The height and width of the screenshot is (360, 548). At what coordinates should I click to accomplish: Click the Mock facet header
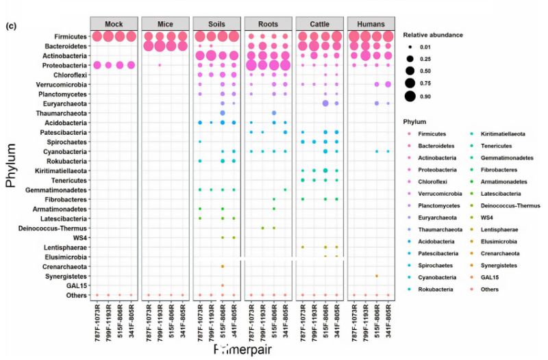[114, 23]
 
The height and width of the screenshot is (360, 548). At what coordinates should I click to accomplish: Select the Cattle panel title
[319, 23]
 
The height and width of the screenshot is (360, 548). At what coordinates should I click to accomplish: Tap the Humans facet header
[371, 23]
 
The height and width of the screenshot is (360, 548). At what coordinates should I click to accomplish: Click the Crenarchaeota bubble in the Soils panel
[223, 266]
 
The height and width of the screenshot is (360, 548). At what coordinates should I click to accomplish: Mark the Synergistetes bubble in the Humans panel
[377, 276]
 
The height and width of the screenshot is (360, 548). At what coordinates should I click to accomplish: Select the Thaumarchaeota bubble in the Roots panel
[274, 113]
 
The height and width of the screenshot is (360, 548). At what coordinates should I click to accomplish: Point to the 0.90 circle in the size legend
[410, 95]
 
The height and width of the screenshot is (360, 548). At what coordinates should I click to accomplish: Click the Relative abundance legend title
[433, 34]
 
